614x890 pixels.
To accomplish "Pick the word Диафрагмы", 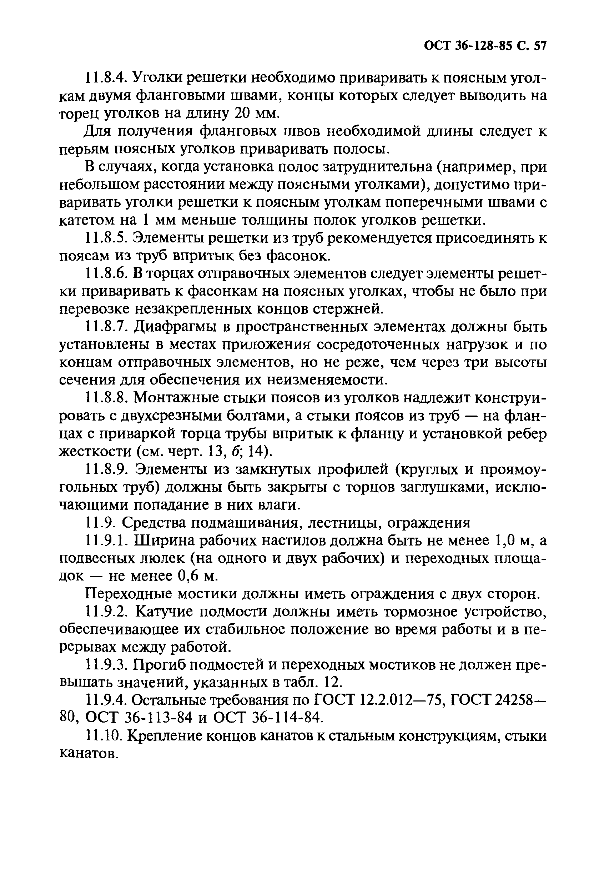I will click(x=175, y=327).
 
